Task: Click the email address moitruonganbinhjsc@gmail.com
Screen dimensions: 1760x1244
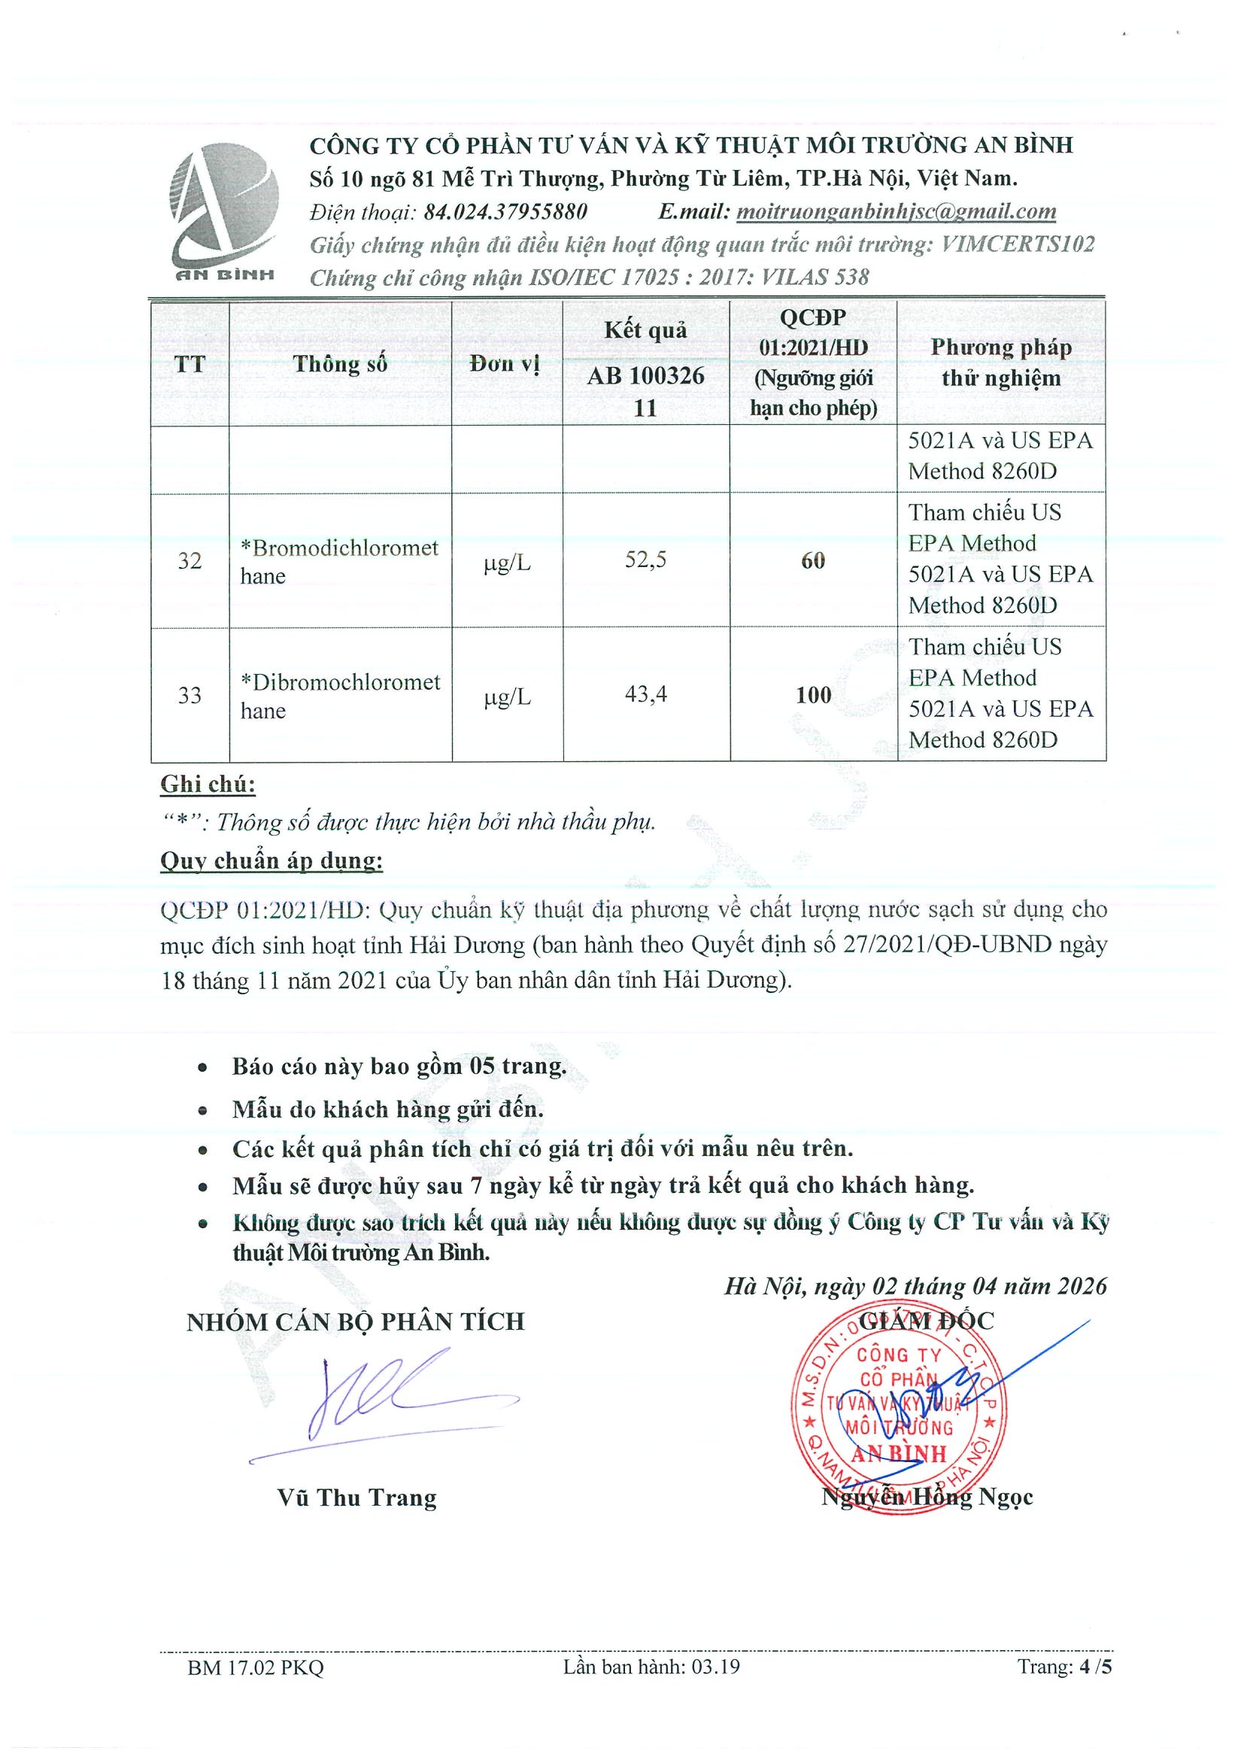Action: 895,211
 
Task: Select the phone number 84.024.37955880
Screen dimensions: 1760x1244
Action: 505,211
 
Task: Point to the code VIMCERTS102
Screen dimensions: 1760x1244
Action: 1017,244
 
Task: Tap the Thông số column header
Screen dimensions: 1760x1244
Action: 339,363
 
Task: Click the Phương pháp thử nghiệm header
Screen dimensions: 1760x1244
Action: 1000,363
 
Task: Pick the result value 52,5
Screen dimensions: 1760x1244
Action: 645,560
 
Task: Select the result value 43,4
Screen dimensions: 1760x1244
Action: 645,694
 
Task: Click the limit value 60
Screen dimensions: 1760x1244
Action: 812,560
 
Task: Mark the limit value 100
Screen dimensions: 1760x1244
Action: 812,695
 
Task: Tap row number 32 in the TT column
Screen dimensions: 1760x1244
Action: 190,561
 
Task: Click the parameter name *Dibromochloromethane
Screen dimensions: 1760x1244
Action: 339,695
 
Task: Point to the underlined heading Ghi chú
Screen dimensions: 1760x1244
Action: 208,784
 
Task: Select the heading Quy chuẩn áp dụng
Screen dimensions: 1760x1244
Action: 272,861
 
